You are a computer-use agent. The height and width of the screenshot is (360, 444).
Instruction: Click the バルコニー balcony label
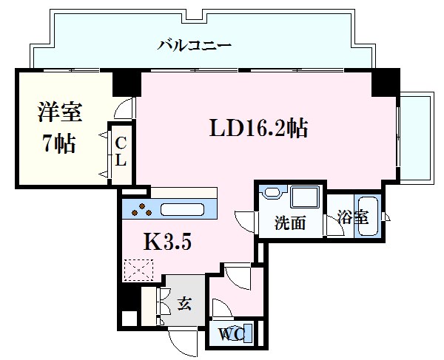[x=195, y=45]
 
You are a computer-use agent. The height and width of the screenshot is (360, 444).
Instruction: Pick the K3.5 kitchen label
[x=167, y=241]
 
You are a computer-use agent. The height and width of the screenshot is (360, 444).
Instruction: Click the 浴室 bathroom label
[x=351, y=218]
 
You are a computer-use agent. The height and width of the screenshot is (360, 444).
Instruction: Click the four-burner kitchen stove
[x=141, y=210]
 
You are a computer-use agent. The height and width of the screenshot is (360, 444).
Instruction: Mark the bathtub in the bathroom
[x=367, y=216]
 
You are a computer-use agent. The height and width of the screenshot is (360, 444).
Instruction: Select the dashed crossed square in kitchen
[x=138, y=270]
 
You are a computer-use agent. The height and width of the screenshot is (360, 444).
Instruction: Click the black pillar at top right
[x=385, y=84]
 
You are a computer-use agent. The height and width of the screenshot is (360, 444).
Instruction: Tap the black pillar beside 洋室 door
[x=126, y=83]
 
